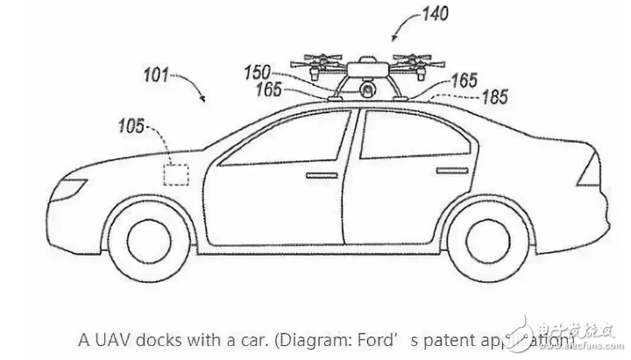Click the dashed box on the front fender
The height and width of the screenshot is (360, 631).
pos(177,173)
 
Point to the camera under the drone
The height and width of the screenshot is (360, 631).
pos(367,88)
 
